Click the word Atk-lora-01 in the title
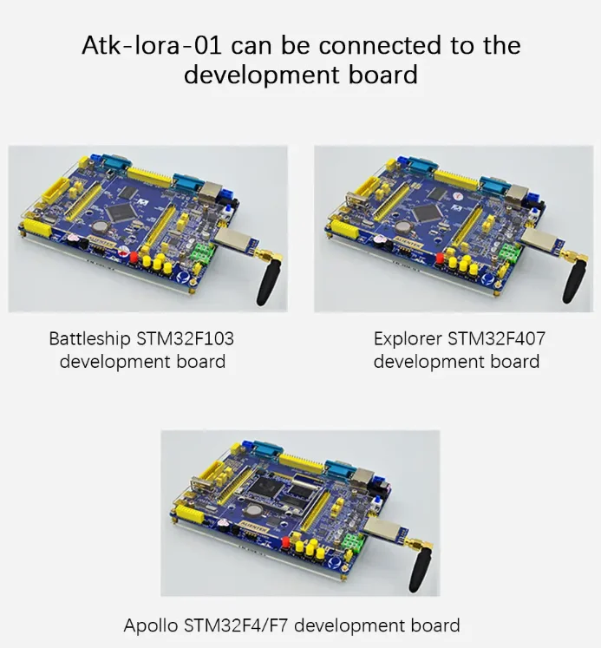pos(152,45)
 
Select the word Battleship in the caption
pos(89,339)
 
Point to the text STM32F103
pos(185,339)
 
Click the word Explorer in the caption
pos(408,339)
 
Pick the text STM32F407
pos(496,339)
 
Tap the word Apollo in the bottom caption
pos(151,625)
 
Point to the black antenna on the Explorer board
pos(573,281)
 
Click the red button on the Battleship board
pos(134,258)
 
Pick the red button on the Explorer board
pos(440,259)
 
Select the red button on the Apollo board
pos(286,542)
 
